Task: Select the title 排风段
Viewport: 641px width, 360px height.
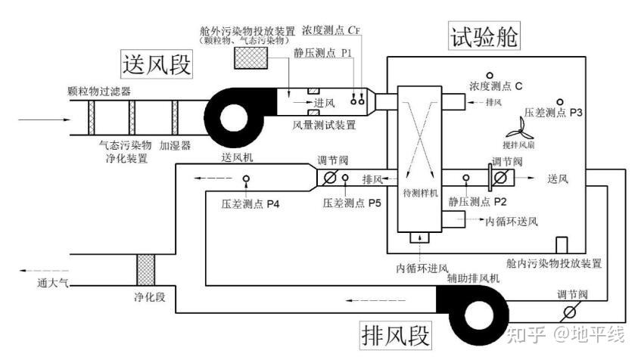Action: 396,334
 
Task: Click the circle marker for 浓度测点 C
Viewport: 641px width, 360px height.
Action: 490,75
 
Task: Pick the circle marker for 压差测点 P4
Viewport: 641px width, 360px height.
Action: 247,179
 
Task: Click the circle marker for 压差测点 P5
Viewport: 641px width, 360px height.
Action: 345,178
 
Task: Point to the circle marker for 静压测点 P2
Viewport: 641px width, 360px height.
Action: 466,178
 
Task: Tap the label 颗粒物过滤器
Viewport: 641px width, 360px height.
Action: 99,91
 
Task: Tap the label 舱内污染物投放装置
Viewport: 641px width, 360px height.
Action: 554,263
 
